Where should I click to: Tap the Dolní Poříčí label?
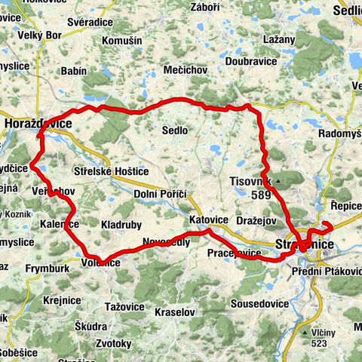point(160,194)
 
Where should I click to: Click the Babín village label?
point(72,71)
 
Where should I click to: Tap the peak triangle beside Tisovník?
point(279,182)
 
